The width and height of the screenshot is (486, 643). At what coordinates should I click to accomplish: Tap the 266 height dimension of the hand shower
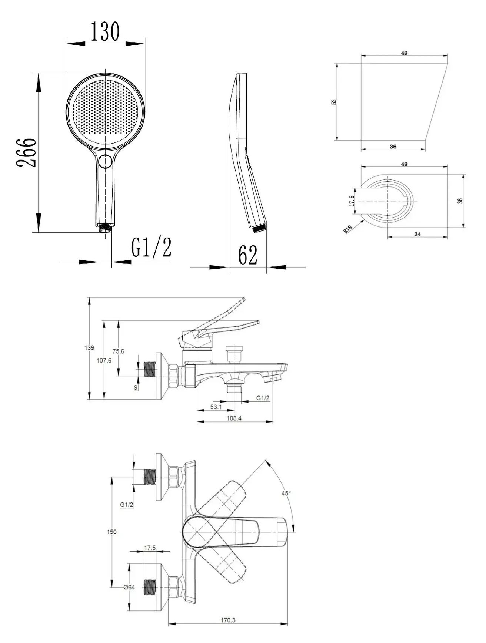pyautogui.click(x=26, y=152)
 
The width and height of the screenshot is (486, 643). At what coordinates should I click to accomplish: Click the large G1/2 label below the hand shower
pyautogui.click(x=152, y=248)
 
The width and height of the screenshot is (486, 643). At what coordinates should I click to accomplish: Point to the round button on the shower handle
pyautogui.click(x=106, y=162)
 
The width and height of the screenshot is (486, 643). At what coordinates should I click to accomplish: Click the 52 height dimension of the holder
pyautogui.click(x=334, y=101)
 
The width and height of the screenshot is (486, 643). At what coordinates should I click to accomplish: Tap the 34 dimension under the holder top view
pyautogui.click(x=417, y=234)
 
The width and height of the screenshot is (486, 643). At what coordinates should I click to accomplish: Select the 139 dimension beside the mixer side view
pyautogui.click(x=89, y=348)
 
